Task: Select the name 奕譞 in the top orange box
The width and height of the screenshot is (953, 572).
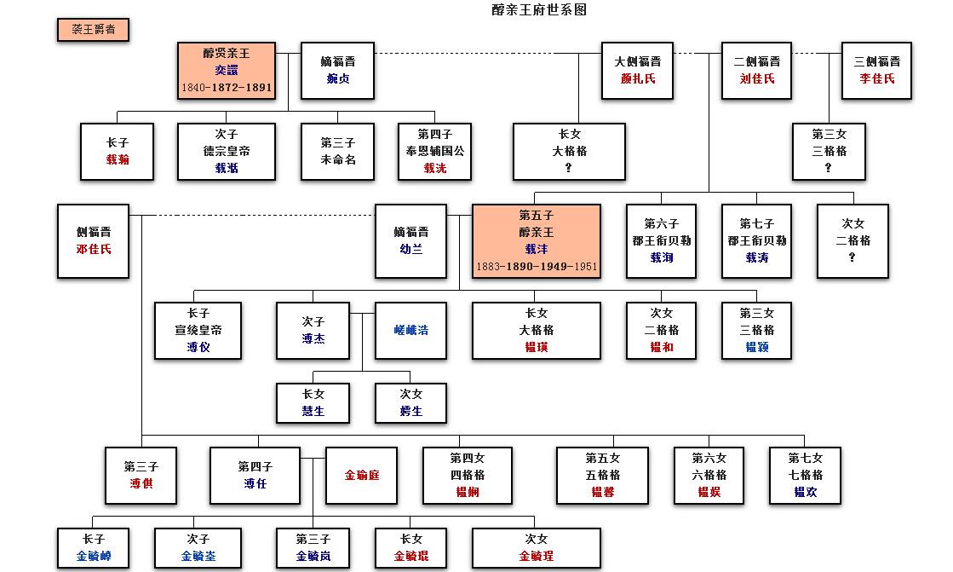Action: (227, 71)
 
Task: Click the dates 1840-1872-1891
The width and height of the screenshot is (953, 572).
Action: (227, 88)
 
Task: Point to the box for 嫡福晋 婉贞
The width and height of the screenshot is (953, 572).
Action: (337, 70)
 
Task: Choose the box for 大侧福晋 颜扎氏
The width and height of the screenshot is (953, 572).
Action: (637, 70)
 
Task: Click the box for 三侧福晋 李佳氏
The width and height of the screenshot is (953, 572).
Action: (876, 70)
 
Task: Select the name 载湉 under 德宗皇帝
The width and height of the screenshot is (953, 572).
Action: (227, 168)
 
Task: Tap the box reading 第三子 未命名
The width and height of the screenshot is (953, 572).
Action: (337, 151)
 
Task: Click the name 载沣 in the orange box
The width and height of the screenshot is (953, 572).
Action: (537, 250)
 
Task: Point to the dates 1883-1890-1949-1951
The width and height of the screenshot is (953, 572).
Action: (537, 267)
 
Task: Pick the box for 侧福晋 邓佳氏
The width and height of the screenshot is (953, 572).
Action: (93, 240)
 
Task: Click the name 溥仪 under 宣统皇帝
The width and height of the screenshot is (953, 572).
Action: (198, 347)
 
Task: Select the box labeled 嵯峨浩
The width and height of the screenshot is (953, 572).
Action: (410, 330)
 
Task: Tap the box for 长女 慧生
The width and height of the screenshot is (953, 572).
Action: (313, 402)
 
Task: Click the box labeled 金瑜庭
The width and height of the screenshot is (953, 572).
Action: (361, 475)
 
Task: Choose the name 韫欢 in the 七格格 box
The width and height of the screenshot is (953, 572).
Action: (805, 492)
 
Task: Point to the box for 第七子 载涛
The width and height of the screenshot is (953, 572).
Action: (756, 240)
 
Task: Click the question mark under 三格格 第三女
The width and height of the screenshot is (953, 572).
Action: (828, 168)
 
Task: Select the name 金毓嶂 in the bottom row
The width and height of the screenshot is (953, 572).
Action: (93, 556)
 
